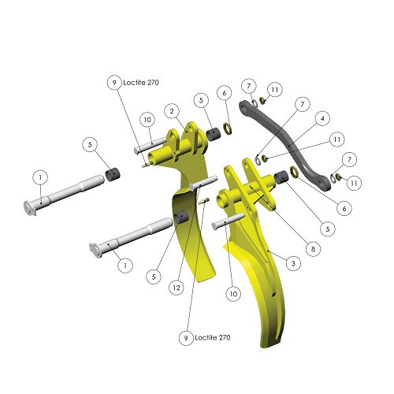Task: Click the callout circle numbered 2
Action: [172, 111]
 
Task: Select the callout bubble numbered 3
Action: [293, 263]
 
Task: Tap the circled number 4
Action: [322, 119]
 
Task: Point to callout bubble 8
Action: [313, 249]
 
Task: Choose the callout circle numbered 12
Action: [177, 288]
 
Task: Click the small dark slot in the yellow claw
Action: [274, 295]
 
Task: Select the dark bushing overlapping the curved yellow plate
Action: [181, 217]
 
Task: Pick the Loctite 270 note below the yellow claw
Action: [213, 337]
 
